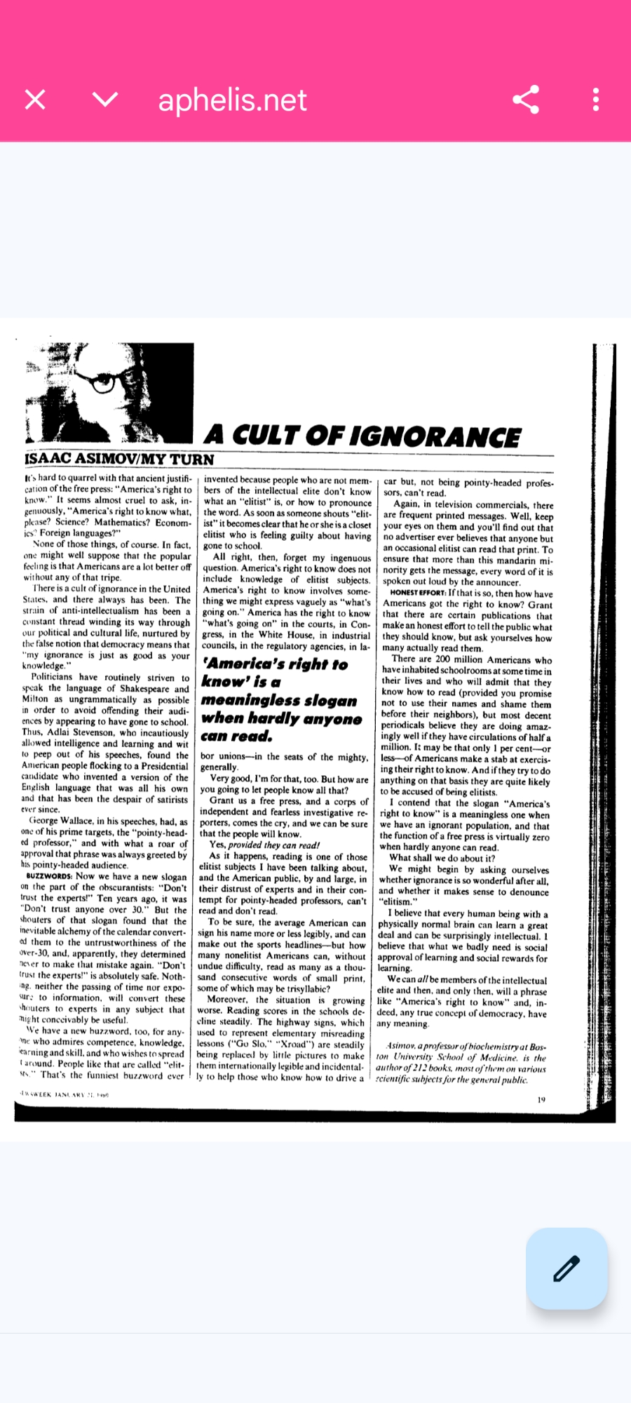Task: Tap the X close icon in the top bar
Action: click(35, 100)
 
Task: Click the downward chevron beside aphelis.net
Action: click(105, 100)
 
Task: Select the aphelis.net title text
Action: click(232, 100)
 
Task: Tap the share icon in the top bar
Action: click(526, 100)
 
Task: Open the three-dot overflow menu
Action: click(596, 100)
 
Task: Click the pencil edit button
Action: click(566, 1268)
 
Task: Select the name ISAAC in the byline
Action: click(48, 459)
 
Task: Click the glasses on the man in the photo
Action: click(98, 382)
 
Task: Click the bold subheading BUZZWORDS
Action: click(49, 876)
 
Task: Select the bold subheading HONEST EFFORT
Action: click(418, 593)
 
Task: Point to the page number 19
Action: click(541, 1100)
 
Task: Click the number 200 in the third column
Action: click(442, 659)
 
